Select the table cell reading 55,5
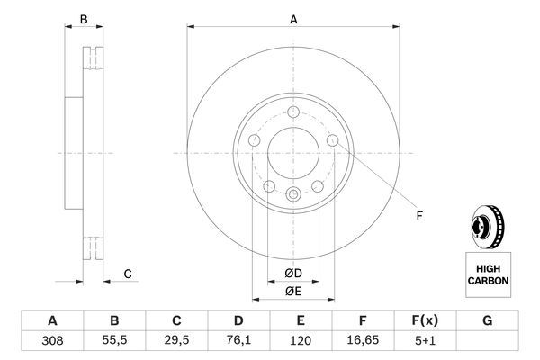pos(114,341)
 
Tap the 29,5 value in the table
pos(176,341)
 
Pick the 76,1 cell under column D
pos(238,341)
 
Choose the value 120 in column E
pos(301,341)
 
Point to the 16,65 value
pos(364,341)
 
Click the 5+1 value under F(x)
pos(426,341)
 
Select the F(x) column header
pos(426,320)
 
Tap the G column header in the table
pos(488,320)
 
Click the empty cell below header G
pos(488,341)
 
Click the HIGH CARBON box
pos(488,274)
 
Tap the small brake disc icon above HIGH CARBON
pos(486,226)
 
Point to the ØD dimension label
pos(293,273)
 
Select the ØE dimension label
pos(293,291)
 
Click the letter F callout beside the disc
pos(418,214)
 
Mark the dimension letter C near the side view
pos(127,274)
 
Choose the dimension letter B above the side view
pos(84,19)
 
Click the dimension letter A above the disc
pos(293,19)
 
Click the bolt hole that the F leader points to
pos(333,140)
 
